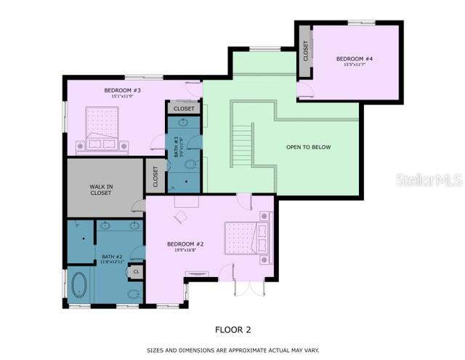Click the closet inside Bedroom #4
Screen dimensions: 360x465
pos(306,51)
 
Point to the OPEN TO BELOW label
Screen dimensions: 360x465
pos(308,148)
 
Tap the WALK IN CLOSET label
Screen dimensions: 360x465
pos(101,189)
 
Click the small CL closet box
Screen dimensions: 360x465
pos(135,271)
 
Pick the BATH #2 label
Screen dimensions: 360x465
pos(113,257)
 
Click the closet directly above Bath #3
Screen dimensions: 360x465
pos(185,109)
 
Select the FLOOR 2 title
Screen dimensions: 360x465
pos(232,329)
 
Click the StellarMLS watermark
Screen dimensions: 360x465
pos(429,180)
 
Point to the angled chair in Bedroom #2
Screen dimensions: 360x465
pos(180,216)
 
